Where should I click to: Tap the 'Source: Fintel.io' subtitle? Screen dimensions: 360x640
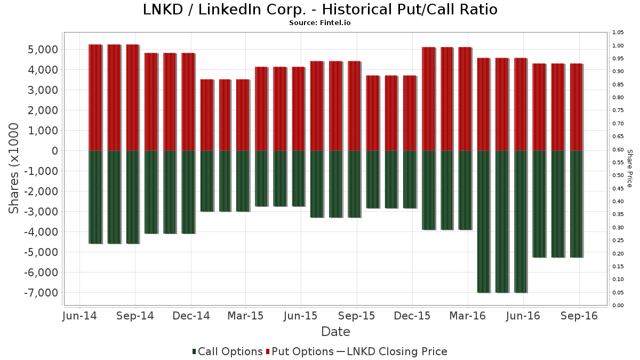point(320,23)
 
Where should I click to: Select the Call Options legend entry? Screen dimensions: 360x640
point(227,351)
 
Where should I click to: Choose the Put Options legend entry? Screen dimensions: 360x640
point(302,351)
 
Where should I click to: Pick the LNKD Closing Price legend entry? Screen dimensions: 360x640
point(391,351)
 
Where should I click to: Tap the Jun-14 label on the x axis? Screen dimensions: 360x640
point(79,316)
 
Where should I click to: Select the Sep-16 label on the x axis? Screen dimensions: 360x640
point(578,316)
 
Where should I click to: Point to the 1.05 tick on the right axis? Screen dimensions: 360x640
point(618,33)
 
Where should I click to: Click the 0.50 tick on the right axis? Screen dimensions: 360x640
point(618,175)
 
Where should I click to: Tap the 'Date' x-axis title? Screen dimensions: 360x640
point(335,332)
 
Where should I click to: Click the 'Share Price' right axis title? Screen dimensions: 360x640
point(629,168)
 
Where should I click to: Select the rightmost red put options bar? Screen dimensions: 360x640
point(576,107)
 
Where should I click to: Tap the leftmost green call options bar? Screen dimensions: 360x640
point(95,197)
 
